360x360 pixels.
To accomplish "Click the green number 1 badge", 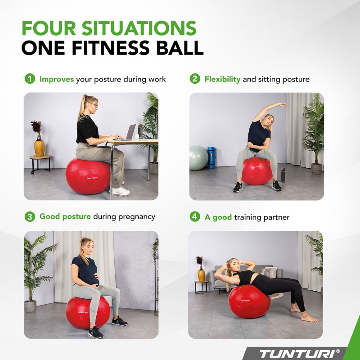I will pyautogui.click(x=29, y=79).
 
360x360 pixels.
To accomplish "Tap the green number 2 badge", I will pyautogui.click(x=194, y=79).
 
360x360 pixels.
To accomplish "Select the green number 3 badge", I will pyautogui.click(x=29, y=216).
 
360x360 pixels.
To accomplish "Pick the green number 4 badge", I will pyautogui.click(x=194, y=217).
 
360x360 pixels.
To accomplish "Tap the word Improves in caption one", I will pyautogui.click(x=57, y=79).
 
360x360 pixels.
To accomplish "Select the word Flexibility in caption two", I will pyautogui.click(x=223, y=79).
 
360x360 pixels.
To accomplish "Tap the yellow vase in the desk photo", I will pyautogui.click(x=40, y=147).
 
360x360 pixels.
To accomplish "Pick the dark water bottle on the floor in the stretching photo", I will pyautogui.click(x=283, y=175).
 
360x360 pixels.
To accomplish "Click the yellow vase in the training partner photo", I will pyautogui.click(x=201, y=274).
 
